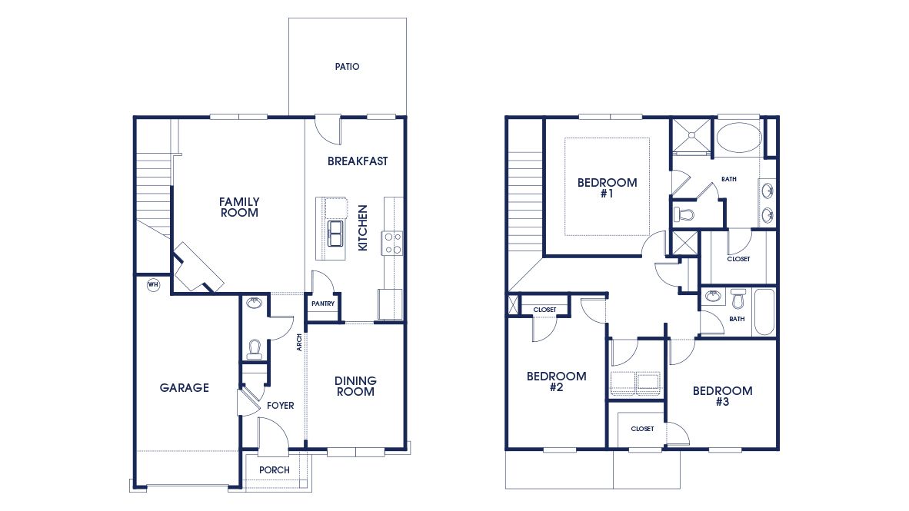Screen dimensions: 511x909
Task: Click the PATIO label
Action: [347, 67]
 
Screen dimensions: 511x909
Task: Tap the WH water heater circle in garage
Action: [152, 284]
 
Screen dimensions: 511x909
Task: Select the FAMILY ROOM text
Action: [239, 207]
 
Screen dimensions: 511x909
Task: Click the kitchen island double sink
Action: [336, 233]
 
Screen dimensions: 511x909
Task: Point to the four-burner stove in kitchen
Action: [392, 243]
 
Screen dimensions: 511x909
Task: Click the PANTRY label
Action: [322, 304]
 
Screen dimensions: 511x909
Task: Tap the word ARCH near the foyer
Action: [299, 342]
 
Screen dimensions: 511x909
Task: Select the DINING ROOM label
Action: [355, 386]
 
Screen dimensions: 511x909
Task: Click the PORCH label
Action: [275, 470]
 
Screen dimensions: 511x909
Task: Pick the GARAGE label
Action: [184, 388]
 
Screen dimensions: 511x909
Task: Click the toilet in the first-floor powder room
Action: [254, 350]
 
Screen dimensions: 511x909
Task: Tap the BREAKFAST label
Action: [358, 161]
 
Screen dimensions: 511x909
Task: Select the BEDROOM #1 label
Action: [607, 188]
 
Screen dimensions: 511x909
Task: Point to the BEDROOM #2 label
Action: [556, 382]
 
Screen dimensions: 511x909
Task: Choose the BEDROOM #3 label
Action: [722, 396]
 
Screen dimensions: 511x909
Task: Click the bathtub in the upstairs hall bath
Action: [764, 311]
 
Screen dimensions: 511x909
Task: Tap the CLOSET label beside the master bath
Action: [738, 259]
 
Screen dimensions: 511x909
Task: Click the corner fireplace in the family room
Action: [197, 269]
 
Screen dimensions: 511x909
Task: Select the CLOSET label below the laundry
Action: [642, 429]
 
